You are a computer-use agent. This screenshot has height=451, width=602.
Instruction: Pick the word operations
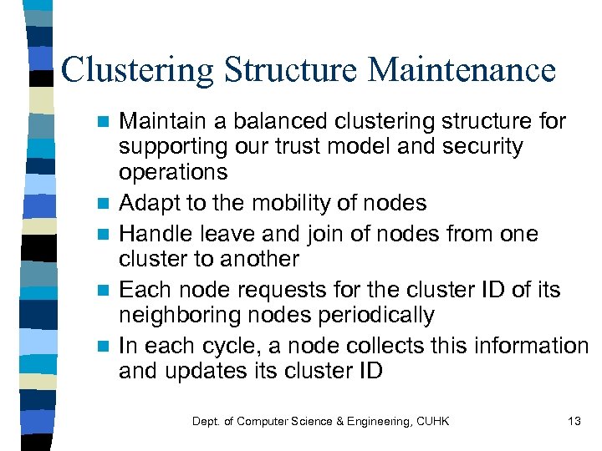[173, 172]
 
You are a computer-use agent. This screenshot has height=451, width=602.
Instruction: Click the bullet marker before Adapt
[101, 204]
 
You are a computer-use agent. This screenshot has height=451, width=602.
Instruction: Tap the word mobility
[307, 203]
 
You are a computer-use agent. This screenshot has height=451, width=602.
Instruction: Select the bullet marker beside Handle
[101, 235]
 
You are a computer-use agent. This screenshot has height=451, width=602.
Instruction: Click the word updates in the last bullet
[205, 371]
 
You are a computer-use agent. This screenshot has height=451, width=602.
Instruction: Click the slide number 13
[574, 421]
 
